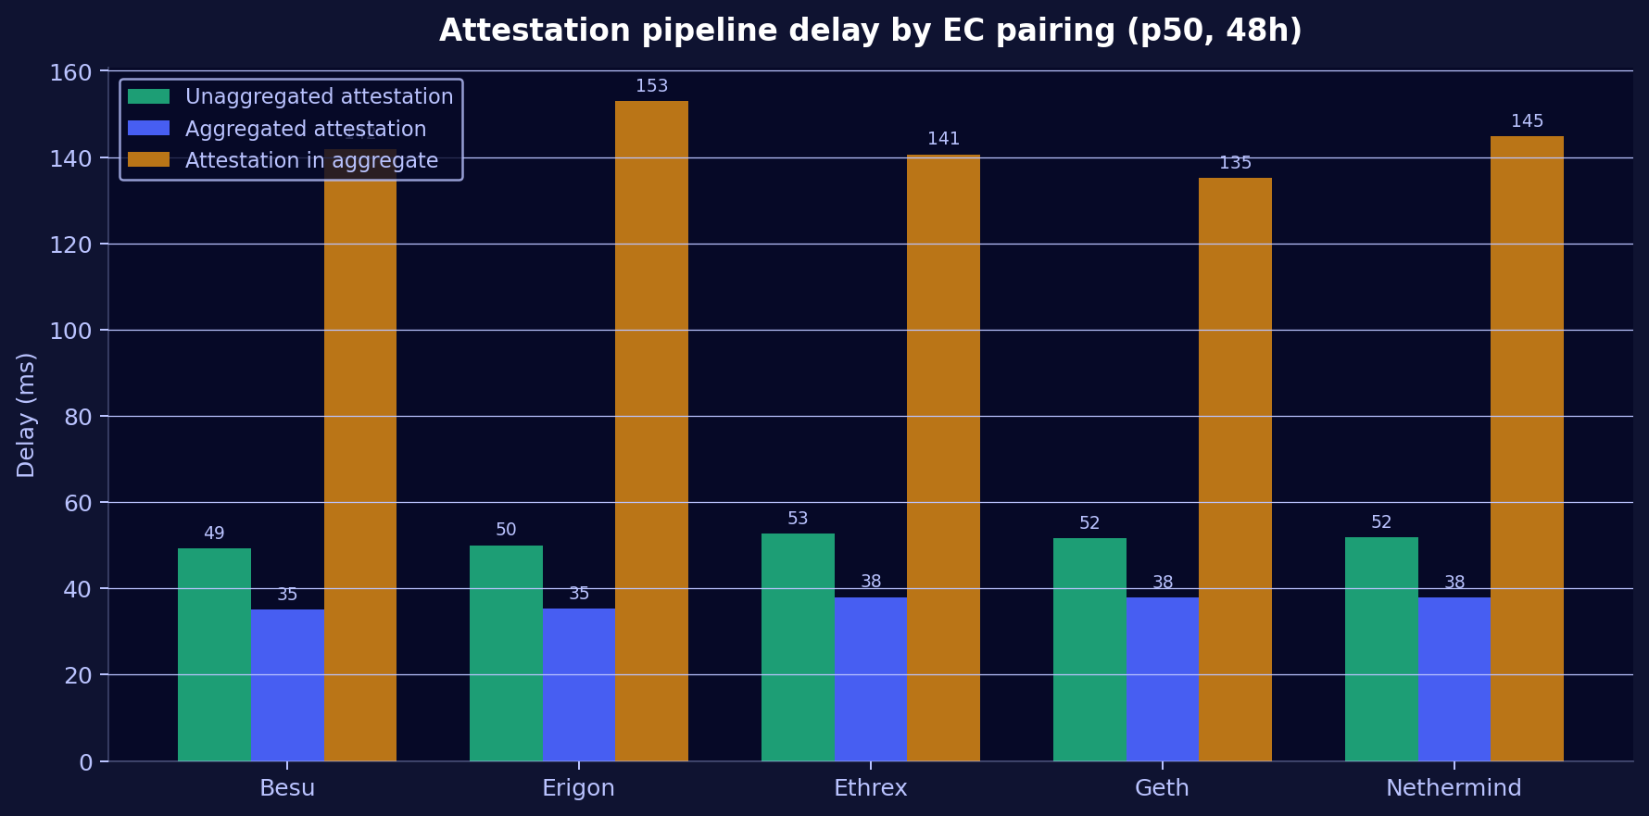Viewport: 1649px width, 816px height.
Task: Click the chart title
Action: click(870, 31)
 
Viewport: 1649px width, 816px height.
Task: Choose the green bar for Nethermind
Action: click(1381, 648)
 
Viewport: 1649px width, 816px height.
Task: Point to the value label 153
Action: click(651, 86)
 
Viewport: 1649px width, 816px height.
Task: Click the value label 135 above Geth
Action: click(1235, 163)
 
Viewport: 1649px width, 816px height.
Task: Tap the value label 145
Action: click(1527, 121)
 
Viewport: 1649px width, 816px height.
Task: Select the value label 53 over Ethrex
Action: click(798, 519)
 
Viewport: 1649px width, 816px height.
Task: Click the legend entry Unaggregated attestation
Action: click(319, 96)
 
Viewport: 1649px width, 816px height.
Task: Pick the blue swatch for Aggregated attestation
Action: click(148, 129)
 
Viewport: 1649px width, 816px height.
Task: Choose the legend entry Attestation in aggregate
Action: click(311, 160)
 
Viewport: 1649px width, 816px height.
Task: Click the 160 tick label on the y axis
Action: click(71, 72)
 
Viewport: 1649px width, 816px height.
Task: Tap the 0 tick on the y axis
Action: click(85, 761)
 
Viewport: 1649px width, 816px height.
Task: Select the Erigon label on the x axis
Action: click(578, 788)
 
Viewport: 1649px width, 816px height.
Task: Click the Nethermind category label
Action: click(1454, 788)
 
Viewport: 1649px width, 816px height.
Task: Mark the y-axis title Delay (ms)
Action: click(26, 415)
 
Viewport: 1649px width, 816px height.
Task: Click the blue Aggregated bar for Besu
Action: click(287, 684)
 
